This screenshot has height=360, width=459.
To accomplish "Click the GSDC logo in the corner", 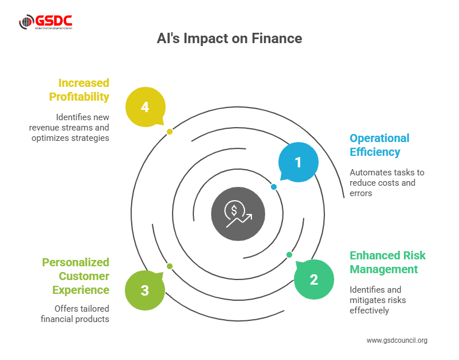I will [x=45, y=22].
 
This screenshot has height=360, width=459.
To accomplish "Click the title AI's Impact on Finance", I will [x=229, y=39].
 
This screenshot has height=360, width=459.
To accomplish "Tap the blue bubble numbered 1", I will [x=298, y=163].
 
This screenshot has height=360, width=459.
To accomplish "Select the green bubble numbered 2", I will [x=313, y=279].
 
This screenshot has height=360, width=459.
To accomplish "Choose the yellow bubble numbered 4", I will [x=145, y=107].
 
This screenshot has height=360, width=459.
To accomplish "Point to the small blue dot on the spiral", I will [x=274, y=187].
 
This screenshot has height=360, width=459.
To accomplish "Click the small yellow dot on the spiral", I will [x=170, y=132].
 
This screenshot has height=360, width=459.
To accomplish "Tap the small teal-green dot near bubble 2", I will [x=289, y=255].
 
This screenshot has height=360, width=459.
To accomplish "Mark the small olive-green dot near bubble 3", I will [x=170, y=266].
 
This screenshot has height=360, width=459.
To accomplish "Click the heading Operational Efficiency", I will [x=380, y=145].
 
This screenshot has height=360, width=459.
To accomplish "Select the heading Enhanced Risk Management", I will [x=388, y=262].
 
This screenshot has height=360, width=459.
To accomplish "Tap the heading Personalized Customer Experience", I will [x=75, y=276].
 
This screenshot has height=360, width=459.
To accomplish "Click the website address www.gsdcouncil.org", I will [x=397, y=340].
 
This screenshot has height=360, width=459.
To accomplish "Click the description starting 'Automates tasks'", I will [x=387, y=183].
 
